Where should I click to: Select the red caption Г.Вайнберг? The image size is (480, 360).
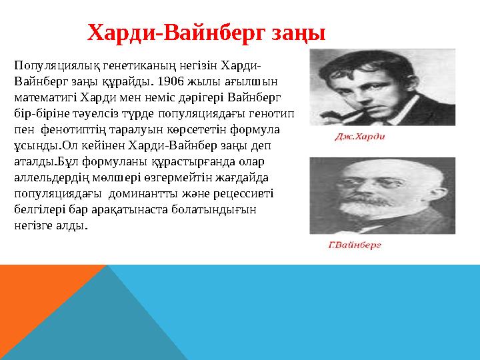[x=355, y=245]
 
